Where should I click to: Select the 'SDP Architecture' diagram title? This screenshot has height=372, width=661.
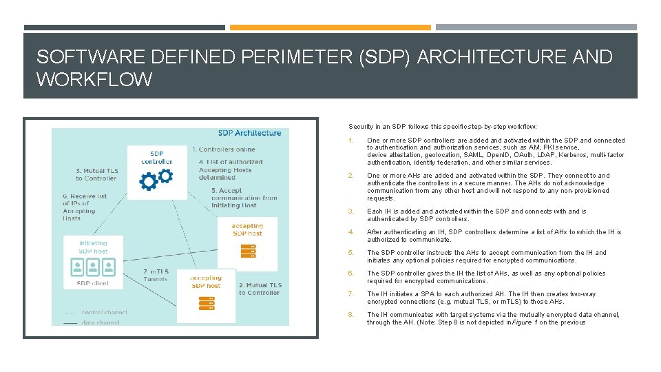pos(249,133)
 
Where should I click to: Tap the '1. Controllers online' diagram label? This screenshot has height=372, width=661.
pos(223,149)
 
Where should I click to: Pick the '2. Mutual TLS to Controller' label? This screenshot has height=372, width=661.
pos(260,289)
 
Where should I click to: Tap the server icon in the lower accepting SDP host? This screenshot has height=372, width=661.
pos(206,302)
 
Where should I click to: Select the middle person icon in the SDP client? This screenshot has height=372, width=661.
pos(93,265)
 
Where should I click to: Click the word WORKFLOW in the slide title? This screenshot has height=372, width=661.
pos(94,80)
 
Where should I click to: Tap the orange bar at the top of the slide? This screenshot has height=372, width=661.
pos(330,28)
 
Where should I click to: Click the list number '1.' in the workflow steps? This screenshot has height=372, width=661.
pos(351,141)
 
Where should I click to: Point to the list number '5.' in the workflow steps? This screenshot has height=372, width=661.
pos(351,253)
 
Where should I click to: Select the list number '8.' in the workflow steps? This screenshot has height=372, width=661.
pos(351,315)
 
